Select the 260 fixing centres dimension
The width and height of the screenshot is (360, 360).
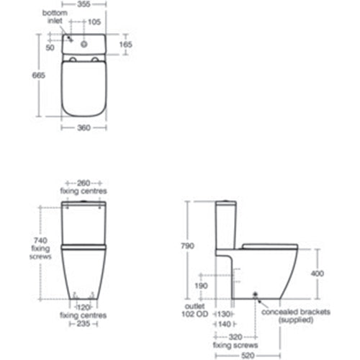coord(83,183)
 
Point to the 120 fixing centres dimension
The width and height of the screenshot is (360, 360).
coord(84,306)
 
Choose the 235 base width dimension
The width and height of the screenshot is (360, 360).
coord(84,324)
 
